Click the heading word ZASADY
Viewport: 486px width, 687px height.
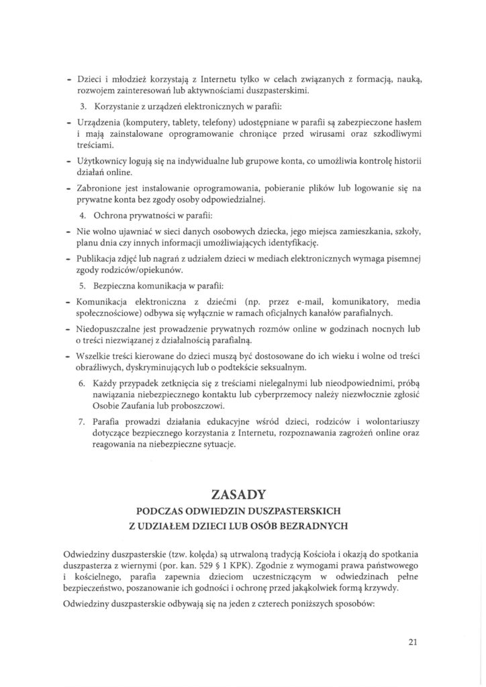click(x=242, y=496)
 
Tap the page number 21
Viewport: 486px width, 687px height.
click(x=413, y=641)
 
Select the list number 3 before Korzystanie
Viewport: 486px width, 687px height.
click(x=83, y=106)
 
